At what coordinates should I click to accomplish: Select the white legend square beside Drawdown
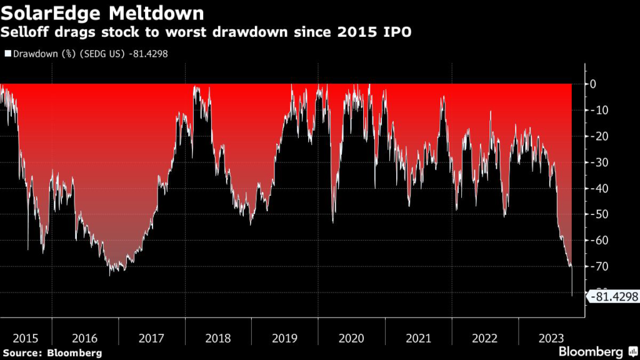[7, 54]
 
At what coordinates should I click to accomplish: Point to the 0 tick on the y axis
[592, 84]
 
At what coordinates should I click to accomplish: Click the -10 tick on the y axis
[596, 110]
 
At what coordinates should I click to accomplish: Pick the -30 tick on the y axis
[596, 162]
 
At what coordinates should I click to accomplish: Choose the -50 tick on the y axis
[596, 214]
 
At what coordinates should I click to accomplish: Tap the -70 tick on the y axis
[596, 267]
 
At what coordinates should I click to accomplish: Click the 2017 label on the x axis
[151, 338]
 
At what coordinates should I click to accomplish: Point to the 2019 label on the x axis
[284, 338]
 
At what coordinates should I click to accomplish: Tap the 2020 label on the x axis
[351, 338]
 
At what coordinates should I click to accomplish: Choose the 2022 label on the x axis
[484, 338]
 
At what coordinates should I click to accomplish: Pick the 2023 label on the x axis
[551, 338]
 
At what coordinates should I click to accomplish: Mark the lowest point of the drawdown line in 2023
[572, 296]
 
